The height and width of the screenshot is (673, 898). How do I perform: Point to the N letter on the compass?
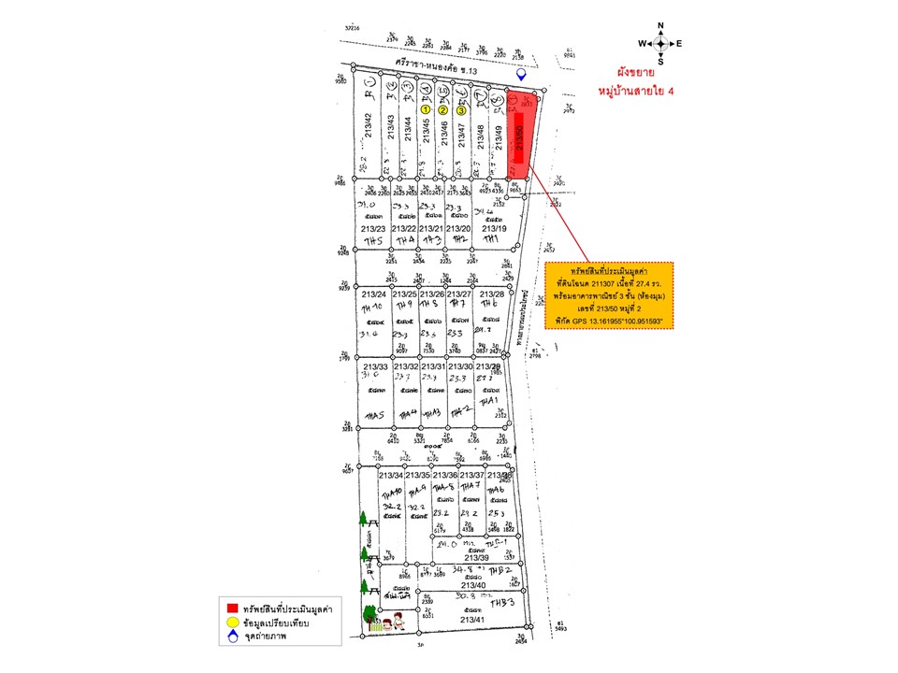click(x=660, y=26)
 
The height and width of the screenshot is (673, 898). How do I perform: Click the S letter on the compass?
click(x=660, y=62)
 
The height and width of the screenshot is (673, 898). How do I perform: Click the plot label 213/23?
click(x=372, y=228)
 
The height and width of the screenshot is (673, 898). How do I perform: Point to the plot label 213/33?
click(x=373, y=366)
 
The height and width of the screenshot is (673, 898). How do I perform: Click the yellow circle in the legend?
click(x=230, y=623)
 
